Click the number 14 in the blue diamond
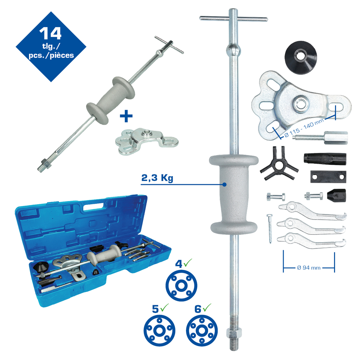[x=50, y=33]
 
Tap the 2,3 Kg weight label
[x=157, y=178]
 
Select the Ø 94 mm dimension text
[x=309, y=268]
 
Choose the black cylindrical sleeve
[x=325, y=159]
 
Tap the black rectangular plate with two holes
[x=328, y=176]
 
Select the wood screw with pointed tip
[x=270, y=229]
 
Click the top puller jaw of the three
[x=312, y=210]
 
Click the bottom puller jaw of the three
[x=311, y=241]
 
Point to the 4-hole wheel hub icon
[x=181, y=285]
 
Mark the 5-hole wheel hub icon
[x=159, y=330]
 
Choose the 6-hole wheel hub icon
[x=202, y=330]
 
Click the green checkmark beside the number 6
[x=207, y=307]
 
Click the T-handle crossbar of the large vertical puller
[x=233, y=19]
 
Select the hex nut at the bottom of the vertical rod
[x=234, y=333]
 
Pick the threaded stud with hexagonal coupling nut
[x=320, y=137]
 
